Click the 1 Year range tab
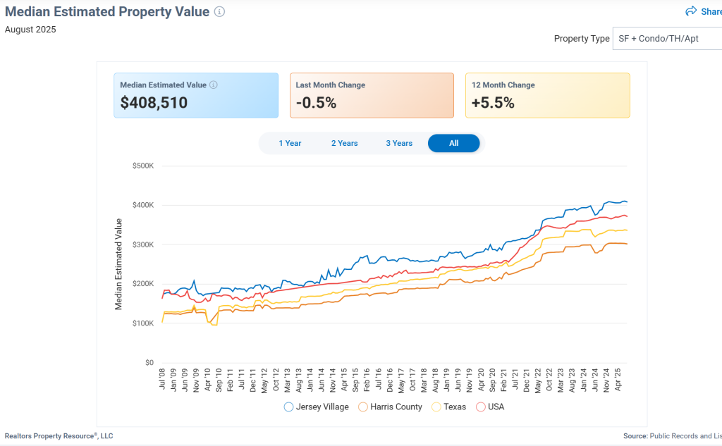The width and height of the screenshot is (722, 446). coord(290,143)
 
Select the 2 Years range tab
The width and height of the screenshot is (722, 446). coord(344,143)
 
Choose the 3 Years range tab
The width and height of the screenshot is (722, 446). coord(399,143)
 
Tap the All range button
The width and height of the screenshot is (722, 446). coord(453,143)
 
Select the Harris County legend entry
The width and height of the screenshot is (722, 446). coord(390,407)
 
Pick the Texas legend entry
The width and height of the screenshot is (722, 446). coord(448,407)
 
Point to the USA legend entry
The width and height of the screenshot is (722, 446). coord(491,407)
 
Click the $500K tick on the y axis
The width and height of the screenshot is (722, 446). coord(143,166)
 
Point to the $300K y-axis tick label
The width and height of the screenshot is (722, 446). coord(143,244)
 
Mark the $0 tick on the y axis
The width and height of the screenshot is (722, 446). coord(149,363)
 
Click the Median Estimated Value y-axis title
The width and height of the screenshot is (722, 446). coord(118,264)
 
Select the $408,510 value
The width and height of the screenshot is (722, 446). coord(154,103)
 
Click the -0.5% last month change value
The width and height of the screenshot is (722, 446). coord(316,103)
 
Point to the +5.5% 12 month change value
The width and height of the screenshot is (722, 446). coord(493,103)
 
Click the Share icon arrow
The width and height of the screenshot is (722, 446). coord(691,11)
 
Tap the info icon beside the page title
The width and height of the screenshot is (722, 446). coord(219,12)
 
